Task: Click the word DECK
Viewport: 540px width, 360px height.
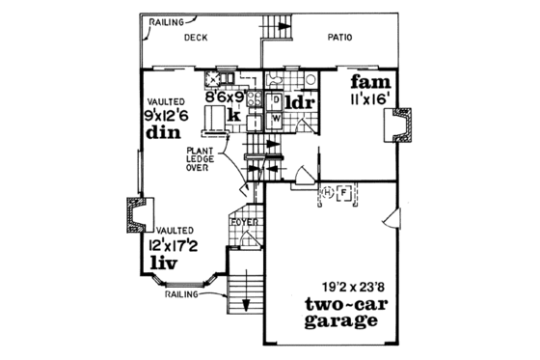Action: coord(196,39)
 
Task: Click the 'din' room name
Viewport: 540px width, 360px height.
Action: coord(163,135)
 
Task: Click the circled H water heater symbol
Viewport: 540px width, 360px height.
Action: coord(327,192)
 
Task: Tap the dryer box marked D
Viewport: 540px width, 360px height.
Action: coord(274,98)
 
